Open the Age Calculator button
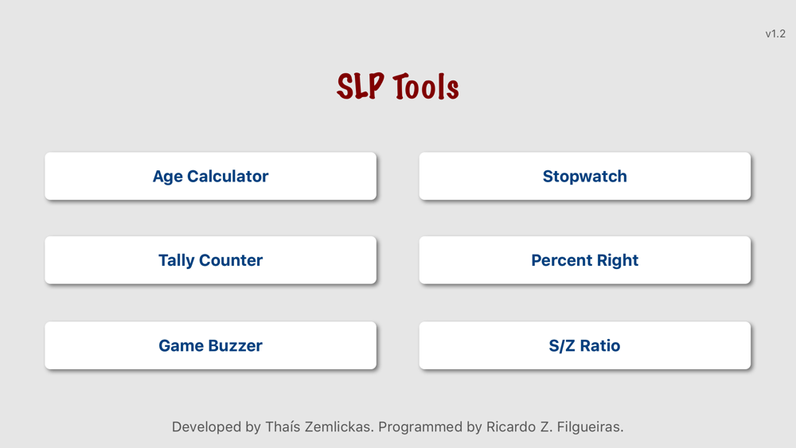click(211, 176)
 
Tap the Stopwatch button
click(585, 176)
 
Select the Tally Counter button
click(211, 259)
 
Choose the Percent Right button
click(585, 259)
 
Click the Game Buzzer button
click(211, 345)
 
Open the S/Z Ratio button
click(585, 345)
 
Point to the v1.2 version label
click(775, 34)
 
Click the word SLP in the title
click(361, 86)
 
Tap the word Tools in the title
click(426, 86)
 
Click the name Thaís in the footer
click(283, 427)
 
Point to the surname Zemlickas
click(339, 427)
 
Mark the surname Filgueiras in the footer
click(590, 427)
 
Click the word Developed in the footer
click(207, 427)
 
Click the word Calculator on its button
click(228, 176)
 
